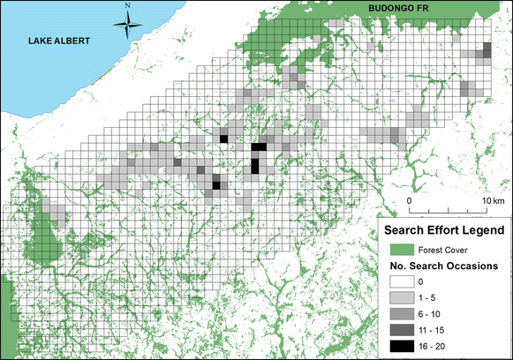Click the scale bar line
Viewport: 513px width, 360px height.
tap(449, 210)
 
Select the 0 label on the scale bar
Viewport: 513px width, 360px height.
tap(410, 201)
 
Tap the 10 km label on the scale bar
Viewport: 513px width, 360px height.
tap(492, 201)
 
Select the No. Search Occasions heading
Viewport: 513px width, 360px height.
tap(445, 266)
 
